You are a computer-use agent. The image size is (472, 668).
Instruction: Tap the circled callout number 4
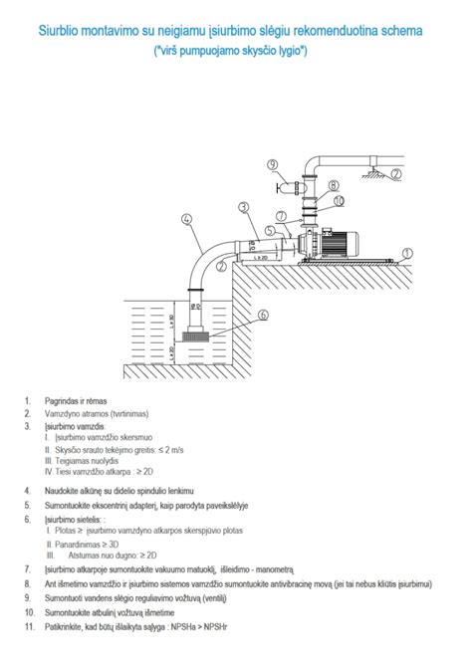click(186, 217)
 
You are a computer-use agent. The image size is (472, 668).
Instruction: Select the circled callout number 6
click(264, 315)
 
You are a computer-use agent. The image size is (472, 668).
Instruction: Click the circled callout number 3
click(243, 207)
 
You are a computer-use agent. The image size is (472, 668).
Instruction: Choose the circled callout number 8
click(335, 184)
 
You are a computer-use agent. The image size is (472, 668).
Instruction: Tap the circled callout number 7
click(282, 216)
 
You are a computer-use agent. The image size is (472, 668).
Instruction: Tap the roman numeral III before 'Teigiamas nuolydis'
click(50, 462)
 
